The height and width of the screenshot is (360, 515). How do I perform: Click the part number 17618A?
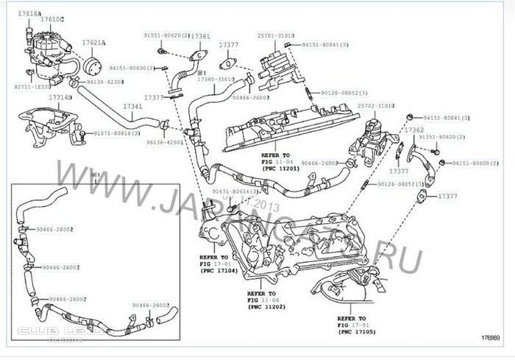click(27, 14)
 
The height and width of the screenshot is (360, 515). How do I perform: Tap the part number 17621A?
click(93, 43)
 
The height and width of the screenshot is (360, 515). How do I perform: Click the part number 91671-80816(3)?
click(116, 133)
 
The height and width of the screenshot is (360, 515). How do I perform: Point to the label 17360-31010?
click(218, 80)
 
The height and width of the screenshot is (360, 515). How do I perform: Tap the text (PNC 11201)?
click(281, 168)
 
